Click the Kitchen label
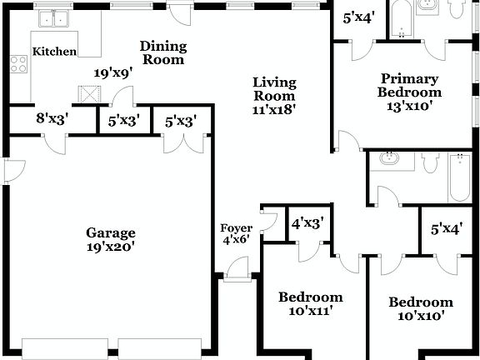(x=54, y=52)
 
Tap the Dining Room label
(x=162, y=52)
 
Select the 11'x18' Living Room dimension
(x=275, y=107)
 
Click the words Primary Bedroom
(x=408, y=84)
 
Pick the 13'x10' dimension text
(x=408, y=106)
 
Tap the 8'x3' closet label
(x=52, y=119)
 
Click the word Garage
(x=110, y=232)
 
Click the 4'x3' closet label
(x=307, y=223)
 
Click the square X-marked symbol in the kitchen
(x=87, y=92)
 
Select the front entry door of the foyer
(x=237, y=269)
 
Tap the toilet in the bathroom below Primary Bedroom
(x=428, y=162)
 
